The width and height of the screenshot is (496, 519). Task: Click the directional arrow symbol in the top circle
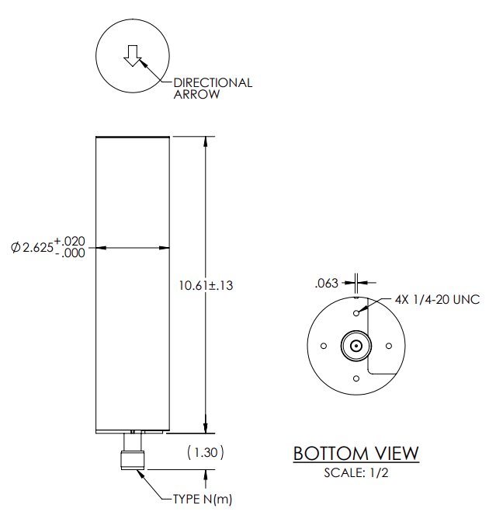click(132, 55)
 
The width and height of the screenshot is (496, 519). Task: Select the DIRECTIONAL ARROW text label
click(212, 89)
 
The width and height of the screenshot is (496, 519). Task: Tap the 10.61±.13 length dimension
click(206, 285)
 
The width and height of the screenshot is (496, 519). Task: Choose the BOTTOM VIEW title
click(356, 453)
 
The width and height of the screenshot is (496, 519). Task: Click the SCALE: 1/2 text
click(356, 472)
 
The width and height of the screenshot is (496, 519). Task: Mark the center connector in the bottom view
click(356, 346)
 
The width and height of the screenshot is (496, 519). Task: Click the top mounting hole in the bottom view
click(356, 313)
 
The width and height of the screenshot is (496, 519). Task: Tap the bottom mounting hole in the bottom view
click(356, 378)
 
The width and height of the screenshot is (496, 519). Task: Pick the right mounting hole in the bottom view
click(388, 346)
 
